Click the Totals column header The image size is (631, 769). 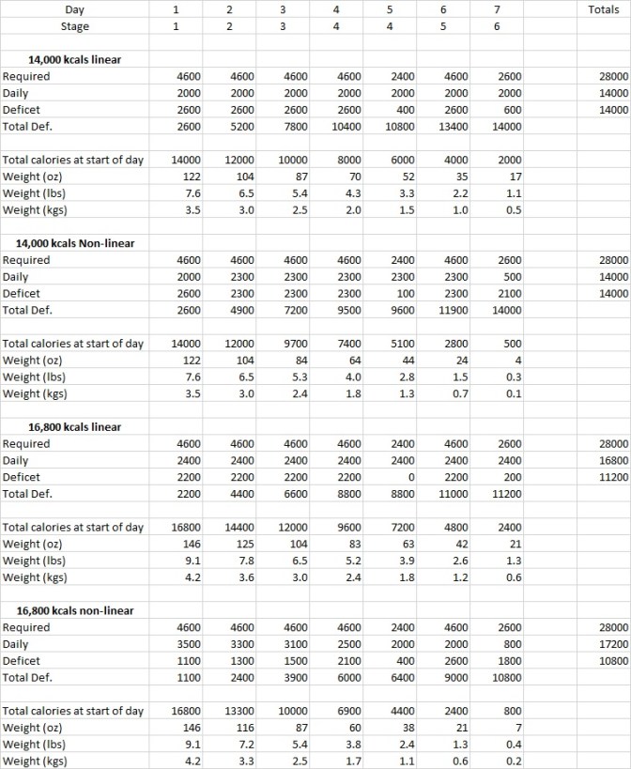[x=602, y=9]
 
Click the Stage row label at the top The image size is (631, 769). [x=74, y=26]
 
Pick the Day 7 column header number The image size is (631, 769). [x=497, y=9]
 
